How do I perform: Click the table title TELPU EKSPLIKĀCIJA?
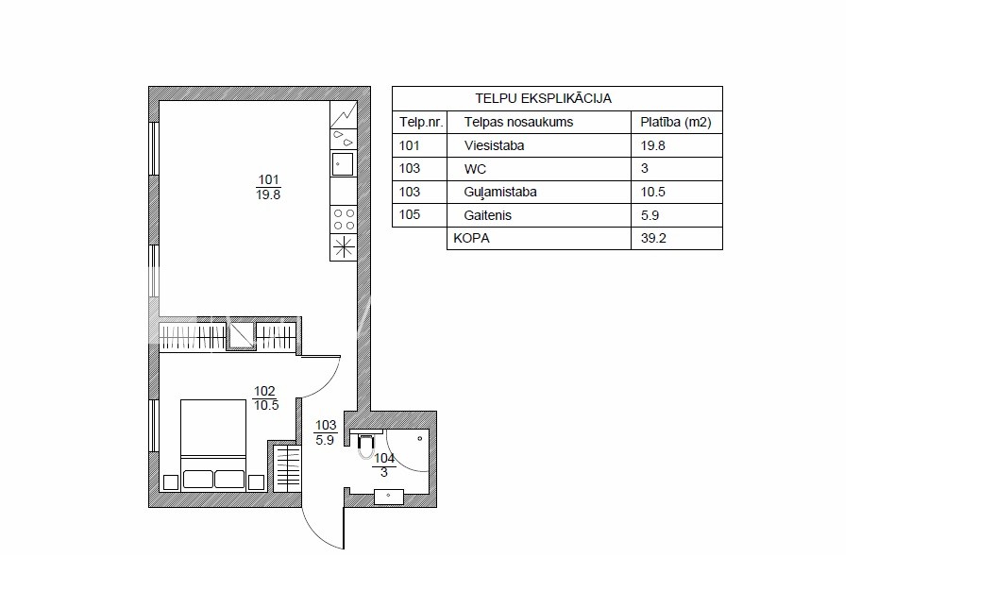click(x=543, y=98)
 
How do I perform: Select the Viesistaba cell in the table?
click(x=494, y=145)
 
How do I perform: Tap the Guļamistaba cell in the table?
click(x=500, y=192)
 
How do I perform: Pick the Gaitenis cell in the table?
click(x=488, y=215)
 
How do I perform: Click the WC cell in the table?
click(x=475, y=169)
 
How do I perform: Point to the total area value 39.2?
click(x=653, y=238)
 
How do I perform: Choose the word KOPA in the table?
click(x=471, y=238)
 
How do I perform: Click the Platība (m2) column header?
click(x=676, y=122)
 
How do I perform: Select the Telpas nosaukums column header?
click(x=518, y=122)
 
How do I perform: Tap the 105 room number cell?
click(x=410, y=214)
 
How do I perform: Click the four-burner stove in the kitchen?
click(x=344, y=220)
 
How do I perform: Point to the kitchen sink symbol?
click(x=343, y=164)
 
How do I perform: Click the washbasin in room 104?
click(x=389, y=497)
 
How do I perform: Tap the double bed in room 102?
click(x=213, y=445)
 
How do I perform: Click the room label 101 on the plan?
click(x=269, y=179)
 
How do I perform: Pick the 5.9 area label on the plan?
click(x=325, y=440)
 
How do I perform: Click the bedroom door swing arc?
click(x=329, y=385)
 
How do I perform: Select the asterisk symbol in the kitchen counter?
click(x=344, y=247)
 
